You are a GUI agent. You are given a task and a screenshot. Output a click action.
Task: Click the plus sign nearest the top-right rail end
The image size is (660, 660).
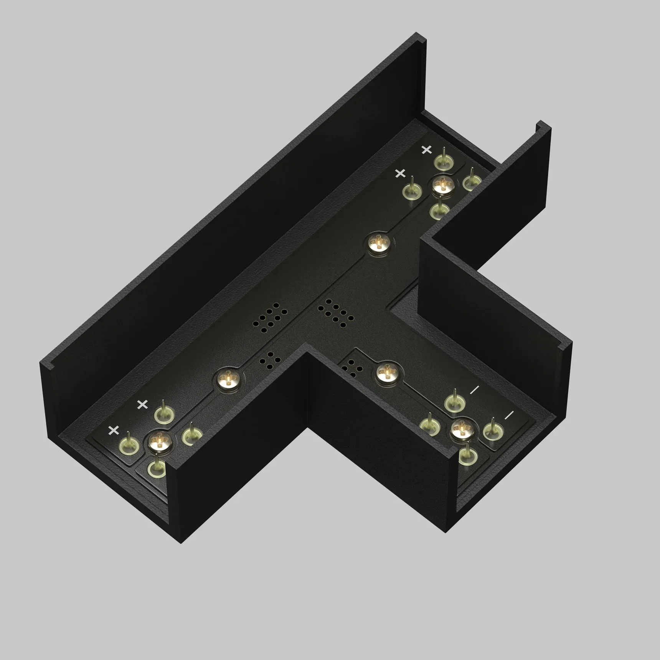pos(426,150)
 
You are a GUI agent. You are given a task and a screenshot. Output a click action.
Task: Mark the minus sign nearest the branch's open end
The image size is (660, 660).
pos(509,415)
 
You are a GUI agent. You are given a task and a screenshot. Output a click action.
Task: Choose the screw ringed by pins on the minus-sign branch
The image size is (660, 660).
pos(462,429)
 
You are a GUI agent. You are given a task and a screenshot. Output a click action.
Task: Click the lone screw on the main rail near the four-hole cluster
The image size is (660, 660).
pos(228,379)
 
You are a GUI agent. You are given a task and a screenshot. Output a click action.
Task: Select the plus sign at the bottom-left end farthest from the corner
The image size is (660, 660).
pos(142,404)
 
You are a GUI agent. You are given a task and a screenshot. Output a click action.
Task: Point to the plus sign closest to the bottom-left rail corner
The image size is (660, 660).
pos(114,430)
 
